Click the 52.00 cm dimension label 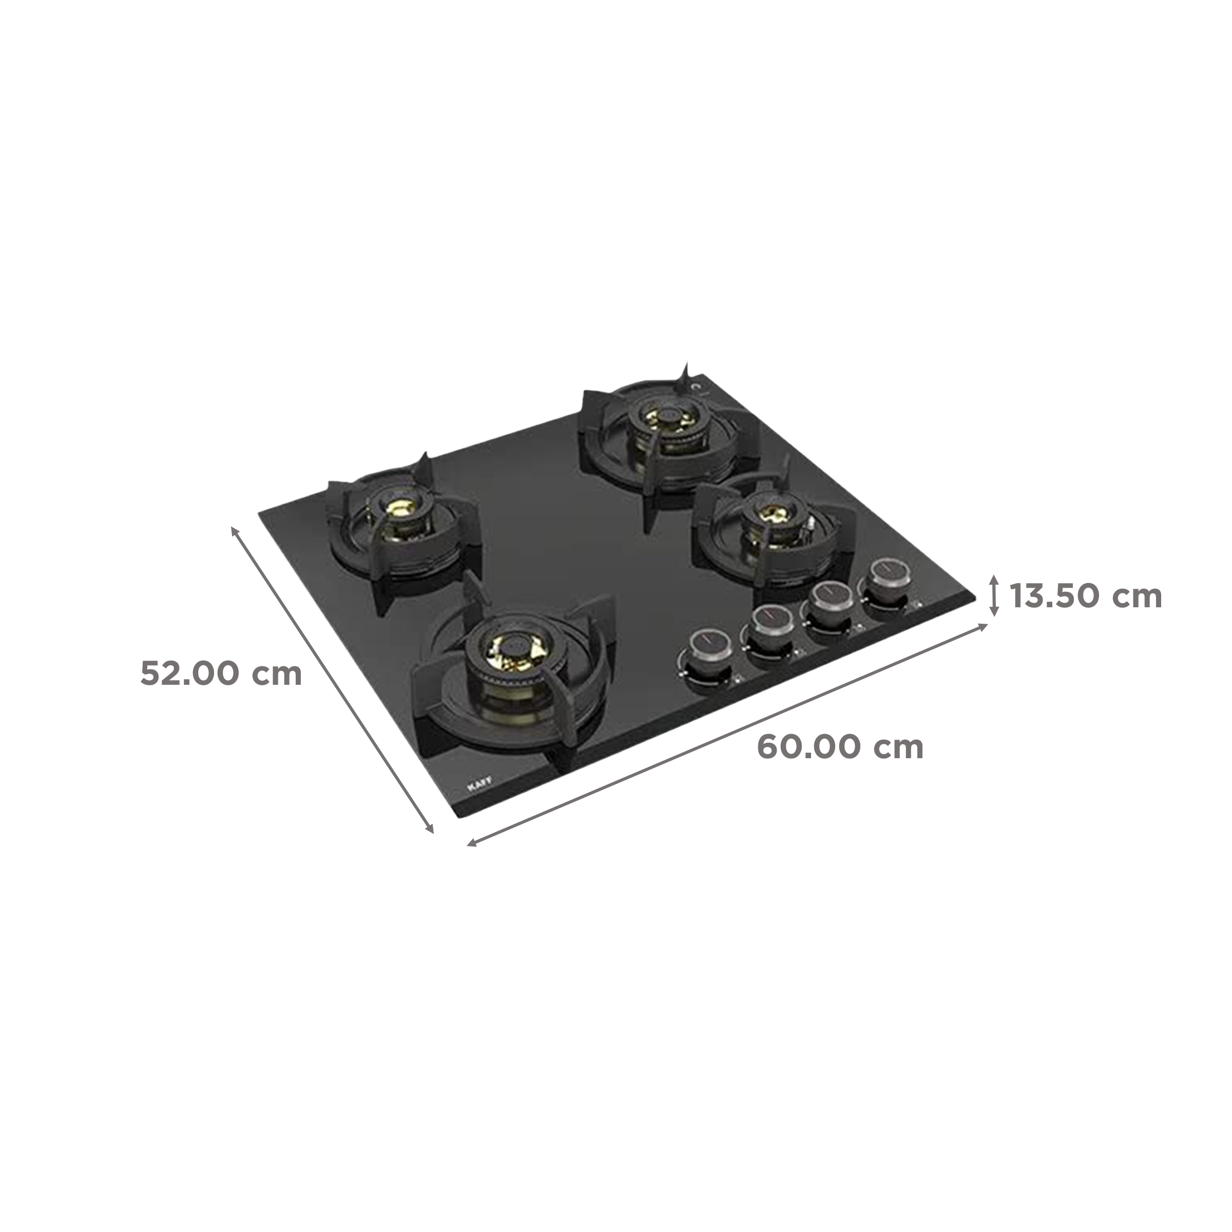[220, 673]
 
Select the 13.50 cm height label [1085, 596]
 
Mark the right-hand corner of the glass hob [976, 598]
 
